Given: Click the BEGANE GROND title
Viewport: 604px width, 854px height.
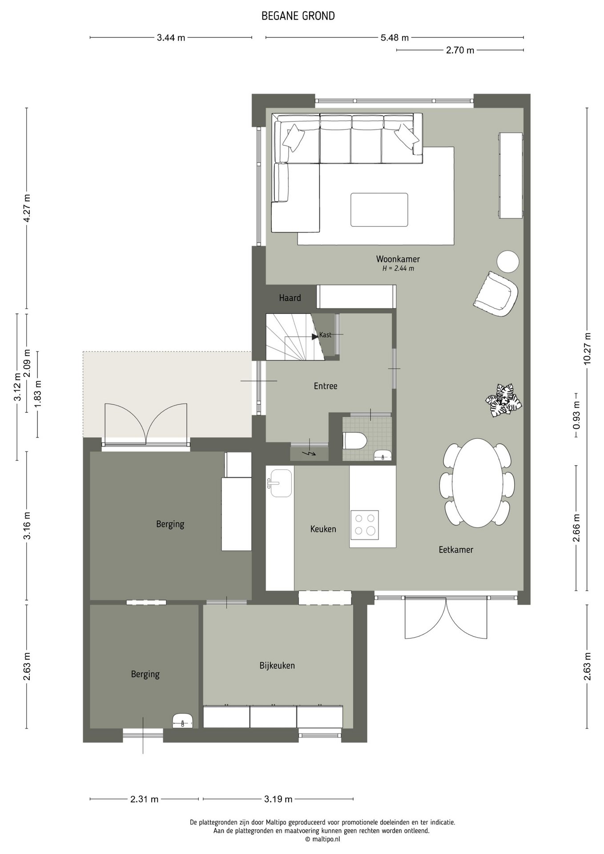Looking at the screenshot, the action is tap(298, 16).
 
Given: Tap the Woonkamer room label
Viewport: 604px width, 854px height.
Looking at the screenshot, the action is tap(398, 259).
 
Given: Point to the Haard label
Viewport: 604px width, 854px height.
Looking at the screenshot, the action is tap(290, 298).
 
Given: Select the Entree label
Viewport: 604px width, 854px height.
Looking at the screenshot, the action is tap(326, 386).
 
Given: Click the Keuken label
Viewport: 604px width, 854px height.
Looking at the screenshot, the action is tap(323, 529).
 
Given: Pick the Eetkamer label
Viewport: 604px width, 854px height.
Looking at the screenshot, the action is tap(456, 549).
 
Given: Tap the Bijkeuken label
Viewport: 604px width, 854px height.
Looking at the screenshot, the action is tap(277, 665).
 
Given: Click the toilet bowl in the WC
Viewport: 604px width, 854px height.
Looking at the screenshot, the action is tap(355, 441).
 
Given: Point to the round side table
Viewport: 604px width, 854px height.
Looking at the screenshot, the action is tap(507, 262).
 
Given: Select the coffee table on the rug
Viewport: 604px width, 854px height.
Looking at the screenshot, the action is tap(379, 209).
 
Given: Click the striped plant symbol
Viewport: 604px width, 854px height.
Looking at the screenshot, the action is tap(503, 400).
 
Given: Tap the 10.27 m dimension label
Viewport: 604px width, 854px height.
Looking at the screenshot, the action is tap(588, 349).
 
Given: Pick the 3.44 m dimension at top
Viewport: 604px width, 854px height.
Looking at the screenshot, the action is tap(171, 38).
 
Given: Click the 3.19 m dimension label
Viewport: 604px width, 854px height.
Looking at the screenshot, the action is tap(278, 799).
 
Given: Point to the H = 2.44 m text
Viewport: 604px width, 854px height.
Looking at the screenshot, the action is tap(398, 269).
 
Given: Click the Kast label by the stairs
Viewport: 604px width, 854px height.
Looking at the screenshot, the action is tap(325, 335).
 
